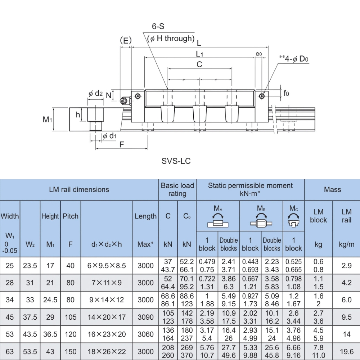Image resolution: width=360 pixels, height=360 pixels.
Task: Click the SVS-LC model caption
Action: click(176, 161)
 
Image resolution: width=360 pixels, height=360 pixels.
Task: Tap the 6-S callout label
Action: click(158, 27)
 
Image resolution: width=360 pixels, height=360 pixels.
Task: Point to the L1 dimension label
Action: click(200, 54)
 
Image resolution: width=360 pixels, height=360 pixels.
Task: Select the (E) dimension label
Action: click(126, 40)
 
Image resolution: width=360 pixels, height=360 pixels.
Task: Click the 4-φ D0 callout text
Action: click(296, 59)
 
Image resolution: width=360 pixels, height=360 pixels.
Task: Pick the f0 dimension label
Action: click(286, 94)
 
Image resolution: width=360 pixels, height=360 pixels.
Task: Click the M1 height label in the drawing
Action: click(48, 119)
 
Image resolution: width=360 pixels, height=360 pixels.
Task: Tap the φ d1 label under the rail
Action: click(110, 136)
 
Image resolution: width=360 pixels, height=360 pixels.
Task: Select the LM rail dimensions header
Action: click(79, 189)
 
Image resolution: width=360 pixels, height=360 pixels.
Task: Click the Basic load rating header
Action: click(177, 190)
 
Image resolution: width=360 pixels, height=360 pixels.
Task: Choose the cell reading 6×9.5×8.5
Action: click(107, 266)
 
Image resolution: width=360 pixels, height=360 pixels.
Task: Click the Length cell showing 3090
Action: click(145, 317)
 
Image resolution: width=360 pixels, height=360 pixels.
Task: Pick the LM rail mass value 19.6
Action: click(346, 351)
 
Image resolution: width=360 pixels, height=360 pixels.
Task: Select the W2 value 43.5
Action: click(30, 334)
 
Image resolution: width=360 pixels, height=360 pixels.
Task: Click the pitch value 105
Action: click(71, 317)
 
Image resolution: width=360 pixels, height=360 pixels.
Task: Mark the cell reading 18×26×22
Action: click(107, 351)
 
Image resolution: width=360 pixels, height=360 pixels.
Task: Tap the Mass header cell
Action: click(332, 189)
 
